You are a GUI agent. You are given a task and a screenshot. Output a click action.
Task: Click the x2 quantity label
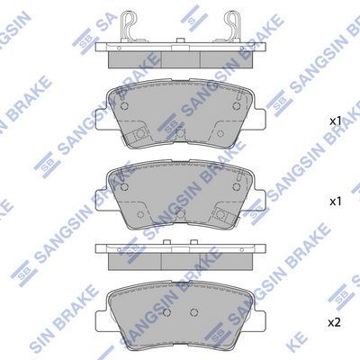(x=334, y=323)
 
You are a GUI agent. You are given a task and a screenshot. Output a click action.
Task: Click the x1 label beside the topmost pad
(x=336, y=121)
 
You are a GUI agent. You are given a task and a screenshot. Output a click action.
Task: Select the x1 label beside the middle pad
(x=336, y=202)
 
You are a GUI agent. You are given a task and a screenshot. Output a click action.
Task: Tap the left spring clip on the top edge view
(x=128, y=27)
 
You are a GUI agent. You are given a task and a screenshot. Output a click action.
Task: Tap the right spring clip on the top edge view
(x=232, y=27)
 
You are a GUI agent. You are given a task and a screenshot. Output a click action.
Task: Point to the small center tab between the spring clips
(x=180, y=40)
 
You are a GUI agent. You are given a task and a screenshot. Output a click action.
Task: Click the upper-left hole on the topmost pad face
(x=124, y=106)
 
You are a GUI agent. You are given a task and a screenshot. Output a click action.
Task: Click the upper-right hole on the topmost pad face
(x=237, y=105)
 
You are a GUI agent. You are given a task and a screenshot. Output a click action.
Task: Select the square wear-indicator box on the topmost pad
(x=136, y=136)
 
